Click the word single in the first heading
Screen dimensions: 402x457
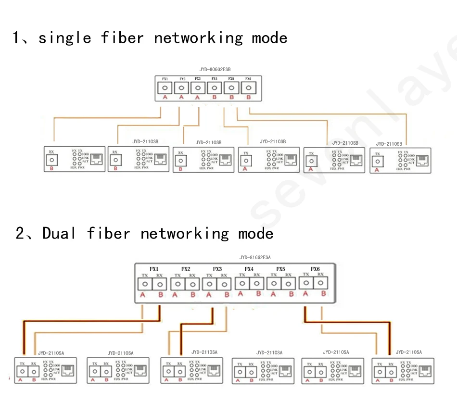(x=64, y=38)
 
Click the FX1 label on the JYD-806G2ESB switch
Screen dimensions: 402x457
(x=165, y=79)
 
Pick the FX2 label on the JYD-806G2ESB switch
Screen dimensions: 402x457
(x=182, y=79)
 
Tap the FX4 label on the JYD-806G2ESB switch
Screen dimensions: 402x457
(x=214, y=79)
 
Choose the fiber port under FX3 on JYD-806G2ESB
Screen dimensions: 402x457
(x=198, y=88)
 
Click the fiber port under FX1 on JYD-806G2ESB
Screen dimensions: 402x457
(x=165, y=88)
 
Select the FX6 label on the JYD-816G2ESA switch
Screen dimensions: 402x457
(x=315, y=269)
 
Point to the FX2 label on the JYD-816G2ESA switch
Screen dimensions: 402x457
(x=186, y=269)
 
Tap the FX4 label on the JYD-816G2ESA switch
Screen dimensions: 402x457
(x=249, y=269)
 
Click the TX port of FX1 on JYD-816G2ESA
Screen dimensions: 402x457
(x=144, y=284)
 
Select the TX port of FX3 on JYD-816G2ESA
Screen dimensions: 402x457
(x=209, y=284)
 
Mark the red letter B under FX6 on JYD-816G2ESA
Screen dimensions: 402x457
(x=324, y=293)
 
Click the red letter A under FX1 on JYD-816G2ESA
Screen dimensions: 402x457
(x=143, y=295)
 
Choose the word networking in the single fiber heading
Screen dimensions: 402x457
(x=199, y=38)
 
